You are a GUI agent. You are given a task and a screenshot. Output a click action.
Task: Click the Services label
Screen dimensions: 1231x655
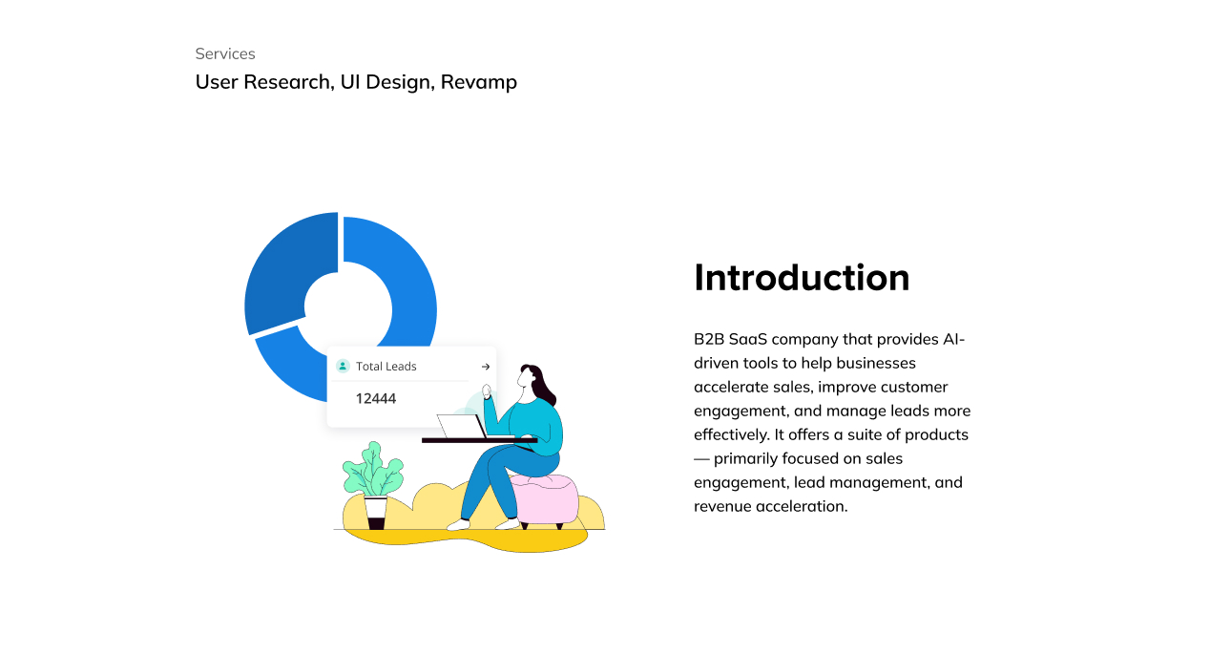225,53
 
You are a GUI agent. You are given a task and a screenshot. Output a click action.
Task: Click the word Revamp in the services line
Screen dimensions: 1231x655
479,82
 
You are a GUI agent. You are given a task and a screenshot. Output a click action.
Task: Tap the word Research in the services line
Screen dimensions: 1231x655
288,82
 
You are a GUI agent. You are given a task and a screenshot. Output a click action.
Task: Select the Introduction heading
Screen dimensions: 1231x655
802,277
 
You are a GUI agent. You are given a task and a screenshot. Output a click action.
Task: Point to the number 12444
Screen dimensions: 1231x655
376,399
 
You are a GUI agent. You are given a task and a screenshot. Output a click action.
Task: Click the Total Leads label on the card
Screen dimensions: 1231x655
386,367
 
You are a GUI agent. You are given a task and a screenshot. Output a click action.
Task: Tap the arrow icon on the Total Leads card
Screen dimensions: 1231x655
486,367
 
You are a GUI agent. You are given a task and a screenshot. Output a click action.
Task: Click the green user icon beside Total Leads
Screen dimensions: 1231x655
343,366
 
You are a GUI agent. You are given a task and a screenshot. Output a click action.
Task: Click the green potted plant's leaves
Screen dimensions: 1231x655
373,469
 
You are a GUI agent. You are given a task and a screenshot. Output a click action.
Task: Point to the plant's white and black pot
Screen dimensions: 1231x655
376,513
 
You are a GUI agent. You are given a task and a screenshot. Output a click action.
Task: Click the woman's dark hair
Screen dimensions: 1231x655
540,383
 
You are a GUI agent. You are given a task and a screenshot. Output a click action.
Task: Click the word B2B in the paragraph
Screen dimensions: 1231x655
709,339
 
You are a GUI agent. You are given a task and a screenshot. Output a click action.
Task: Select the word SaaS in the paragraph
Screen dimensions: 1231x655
748,339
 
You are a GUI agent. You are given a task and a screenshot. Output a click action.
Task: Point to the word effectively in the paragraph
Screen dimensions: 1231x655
731,435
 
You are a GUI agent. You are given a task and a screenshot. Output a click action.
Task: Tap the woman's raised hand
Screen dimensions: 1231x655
487,391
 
